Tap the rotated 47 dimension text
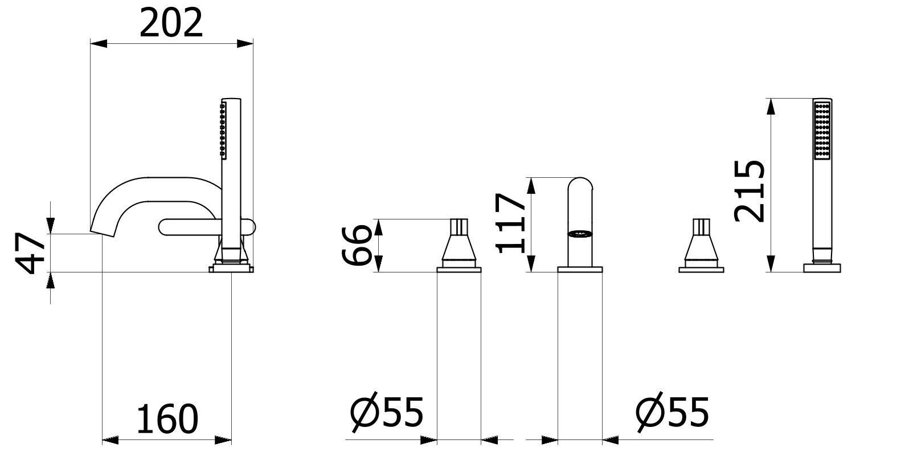pyautogui.click(x=31, y=253)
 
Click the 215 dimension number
pyautogui.click(x=748, y=191)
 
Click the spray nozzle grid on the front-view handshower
pyautogui.click(x=822, y=130)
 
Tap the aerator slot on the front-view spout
pyautogui.click(x=580, y=233)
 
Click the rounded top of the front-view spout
pyautogui.click(x=580, y=185)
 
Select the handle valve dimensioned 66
pyautogui.click(x=459, y=245)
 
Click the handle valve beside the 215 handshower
pyautogui.click(x=702, y=245)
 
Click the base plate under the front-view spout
pyautogui.click(x=580, y=269)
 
